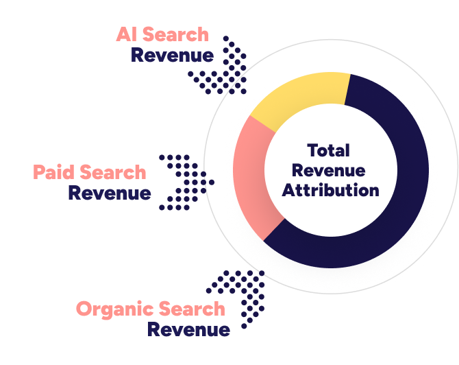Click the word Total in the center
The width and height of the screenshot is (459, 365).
coord(329,150)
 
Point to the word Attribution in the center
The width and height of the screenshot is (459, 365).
coord(330,190)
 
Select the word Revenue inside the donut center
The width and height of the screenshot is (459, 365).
coord(329,170)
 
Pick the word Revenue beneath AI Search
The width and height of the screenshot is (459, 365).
coord(172,55)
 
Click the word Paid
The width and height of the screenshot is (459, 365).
coord(54,172)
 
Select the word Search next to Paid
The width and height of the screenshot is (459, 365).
coord(113,172)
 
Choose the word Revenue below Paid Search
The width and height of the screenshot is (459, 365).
coord(110,193)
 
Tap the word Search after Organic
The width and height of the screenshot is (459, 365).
coord(191,309)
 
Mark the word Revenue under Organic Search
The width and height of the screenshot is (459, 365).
coord(189,329)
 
